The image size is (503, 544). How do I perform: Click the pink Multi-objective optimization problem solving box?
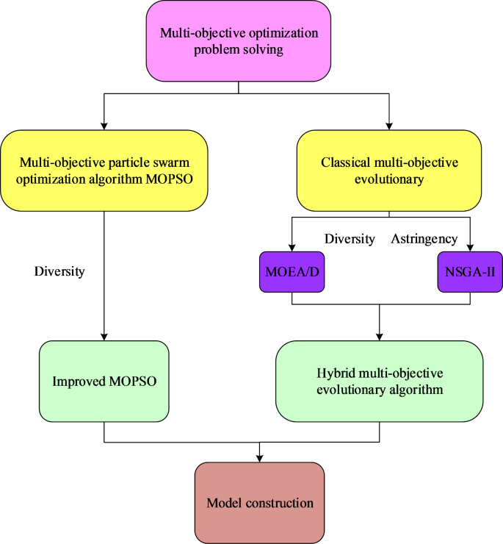click(x=239, y=41)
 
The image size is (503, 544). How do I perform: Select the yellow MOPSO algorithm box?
click(x=104, y=171)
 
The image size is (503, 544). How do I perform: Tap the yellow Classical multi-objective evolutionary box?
click(x=389, y=171)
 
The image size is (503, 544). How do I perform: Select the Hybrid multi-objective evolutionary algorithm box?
click(x=379, y=382)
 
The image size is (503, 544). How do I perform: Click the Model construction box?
click(x=259, y=503)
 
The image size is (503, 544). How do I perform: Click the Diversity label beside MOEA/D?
click(x=350, y=239)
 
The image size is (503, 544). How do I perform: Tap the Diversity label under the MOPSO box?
click(x=59, y=271)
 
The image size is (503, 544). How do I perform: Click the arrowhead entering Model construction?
click(x=259, y=457)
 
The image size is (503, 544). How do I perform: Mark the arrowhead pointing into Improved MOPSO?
click(x=104, y=336)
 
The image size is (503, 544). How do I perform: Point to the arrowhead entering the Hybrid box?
click(x=379, y=336)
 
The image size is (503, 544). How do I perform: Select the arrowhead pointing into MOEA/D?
click(x=292, y=248)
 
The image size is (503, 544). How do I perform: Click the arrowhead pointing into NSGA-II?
click(x=470, y=248)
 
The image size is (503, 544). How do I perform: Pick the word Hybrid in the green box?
click(x=336, y=373)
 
